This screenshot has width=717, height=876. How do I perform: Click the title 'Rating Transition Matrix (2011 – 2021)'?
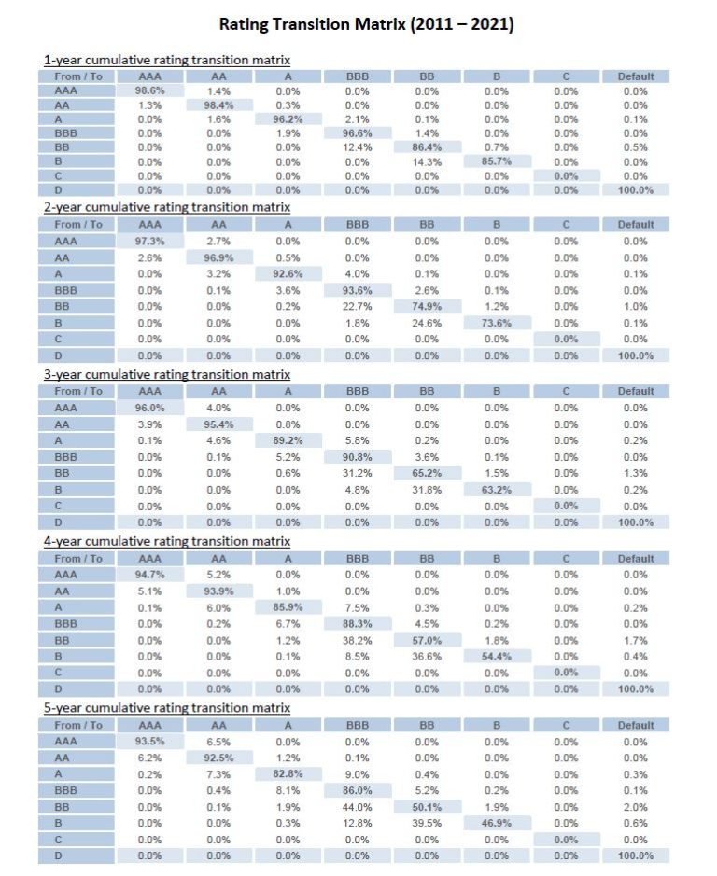coord(366,24)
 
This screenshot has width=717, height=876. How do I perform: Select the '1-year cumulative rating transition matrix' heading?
coord(167,60)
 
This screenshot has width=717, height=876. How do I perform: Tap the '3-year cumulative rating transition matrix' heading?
coord(167,374)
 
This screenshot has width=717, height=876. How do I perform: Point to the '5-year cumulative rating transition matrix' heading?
coord(167,708)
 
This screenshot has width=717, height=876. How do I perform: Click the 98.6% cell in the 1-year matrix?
coord(150,90)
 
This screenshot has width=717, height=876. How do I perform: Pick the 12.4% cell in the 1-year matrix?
coord(358,147)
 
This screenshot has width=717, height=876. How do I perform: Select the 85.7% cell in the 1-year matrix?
coord(497,161)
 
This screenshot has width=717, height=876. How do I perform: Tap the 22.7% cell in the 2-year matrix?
coord(358,307)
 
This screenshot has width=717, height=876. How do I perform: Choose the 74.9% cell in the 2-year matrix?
coord(427,307)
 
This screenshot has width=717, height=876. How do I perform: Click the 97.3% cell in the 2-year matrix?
coord(150,242)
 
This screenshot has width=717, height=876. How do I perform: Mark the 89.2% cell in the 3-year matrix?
coord(288,440)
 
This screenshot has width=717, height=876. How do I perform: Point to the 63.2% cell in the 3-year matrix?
coord(497,490)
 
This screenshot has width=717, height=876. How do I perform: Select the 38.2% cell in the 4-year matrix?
coord(358,640)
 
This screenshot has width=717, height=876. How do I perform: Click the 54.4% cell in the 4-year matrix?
coord(497,657)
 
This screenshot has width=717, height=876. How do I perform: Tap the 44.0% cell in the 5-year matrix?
coord(358,807)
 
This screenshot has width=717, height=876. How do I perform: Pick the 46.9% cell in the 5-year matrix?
coord(497,823)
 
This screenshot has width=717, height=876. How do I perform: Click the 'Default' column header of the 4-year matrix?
coord(636,559)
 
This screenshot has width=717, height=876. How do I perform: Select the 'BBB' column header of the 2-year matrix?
coord(358,225)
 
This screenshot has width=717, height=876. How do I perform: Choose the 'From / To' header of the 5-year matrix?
coord(78,725)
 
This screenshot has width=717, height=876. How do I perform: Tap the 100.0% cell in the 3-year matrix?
coord(636,522)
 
